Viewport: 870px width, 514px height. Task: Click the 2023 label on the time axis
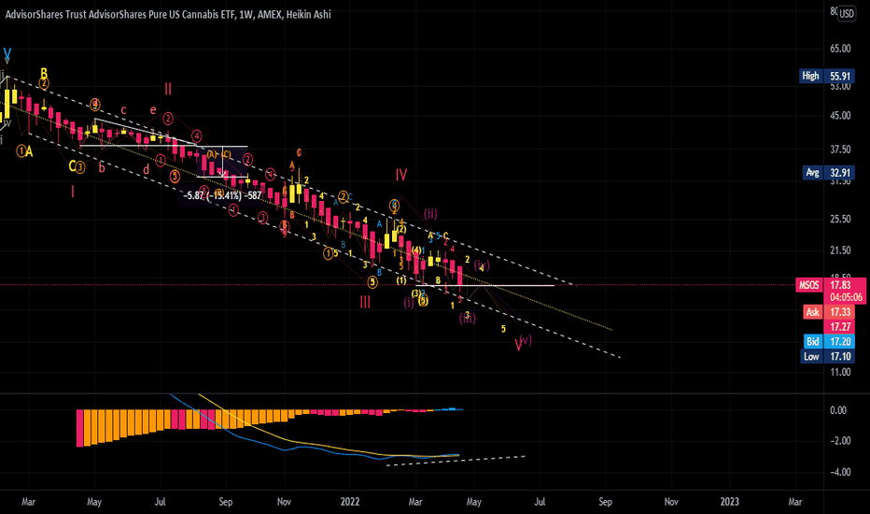(x=731, y=501)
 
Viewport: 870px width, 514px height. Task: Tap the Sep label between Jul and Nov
(x=225, y=501)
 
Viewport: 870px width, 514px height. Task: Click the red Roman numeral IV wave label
(x=400, y=174)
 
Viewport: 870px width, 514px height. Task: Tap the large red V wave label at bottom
(x=518, y=345)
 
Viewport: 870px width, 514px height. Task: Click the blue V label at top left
(x=7, y=54)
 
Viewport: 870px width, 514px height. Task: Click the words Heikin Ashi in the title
(x=301, y=14)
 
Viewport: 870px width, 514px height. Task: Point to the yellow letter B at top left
(x=43, y=73)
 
